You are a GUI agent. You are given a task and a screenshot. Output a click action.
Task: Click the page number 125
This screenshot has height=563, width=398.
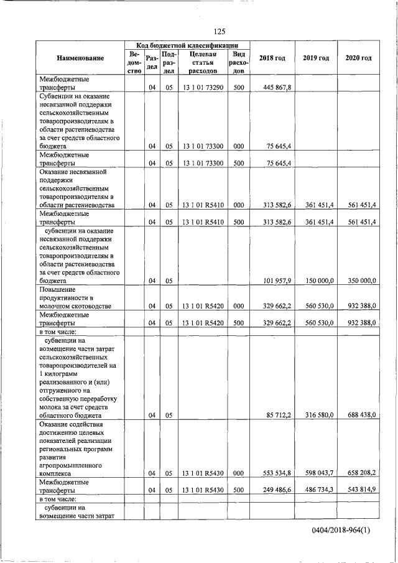coord(219,31)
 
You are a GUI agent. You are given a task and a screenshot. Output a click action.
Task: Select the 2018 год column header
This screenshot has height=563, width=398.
coord(272,58)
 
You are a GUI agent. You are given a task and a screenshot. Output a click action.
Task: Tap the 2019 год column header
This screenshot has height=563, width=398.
coord(316,58)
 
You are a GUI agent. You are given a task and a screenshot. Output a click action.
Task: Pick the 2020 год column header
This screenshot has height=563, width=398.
coord(358,58)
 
